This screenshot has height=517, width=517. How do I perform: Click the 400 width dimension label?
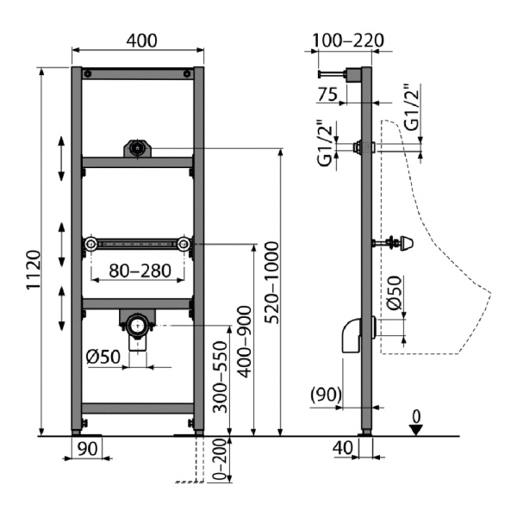pyautogui.click(x=142, y=40)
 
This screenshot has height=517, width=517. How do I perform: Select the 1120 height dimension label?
pyautogui.click(x=34, y=270)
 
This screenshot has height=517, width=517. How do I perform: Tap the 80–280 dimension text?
pyautogui.click(x=140, y=271)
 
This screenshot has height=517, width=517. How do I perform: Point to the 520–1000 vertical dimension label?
pyautogui.click(x=272, y=283)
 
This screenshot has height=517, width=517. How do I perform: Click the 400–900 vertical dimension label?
pyautogui.click(x=245, y=341)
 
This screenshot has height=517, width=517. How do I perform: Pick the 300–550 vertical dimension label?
pyautogui.click(x=221, y=377)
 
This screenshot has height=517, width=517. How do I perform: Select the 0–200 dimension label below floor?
pyautogui.click(x=221, y=459)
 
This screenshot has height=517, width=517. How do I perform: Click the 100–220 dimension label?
pyautogui.click(x=348, y=40)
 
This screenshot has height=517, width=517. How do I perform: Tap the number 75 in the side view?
pyautogui.click(x=327, y=94)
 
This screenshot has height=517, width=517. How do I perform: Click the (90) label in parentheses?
pyautogui.click(x=326, y=395)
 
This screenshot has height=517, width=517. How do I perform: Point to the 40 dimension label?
pyautogui.click(x=343, y=448)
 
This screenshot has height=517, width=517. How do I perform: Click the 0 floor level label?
pyautogui.click(x=417, y=417)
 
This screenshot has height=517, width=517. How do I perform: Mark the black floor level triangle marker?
pyautogui.click(x=416, y=430)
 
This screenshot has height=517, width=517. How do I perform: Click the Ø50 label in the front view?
pyautogui.click(x=103, y=357)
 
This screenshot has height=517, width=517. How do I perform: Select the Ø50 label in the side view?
pyautogui.click(x=395, y=293)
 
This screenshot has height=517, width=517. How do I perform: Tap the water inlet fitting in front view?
pyautogui.click(x=137, y=148)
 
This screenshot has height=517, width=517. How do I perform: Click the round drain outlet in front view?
pyautogui.click(x=138, y=325)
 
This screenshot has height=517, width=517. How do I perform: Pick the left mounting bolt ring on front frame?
pyautogui.click(x=90, y=244)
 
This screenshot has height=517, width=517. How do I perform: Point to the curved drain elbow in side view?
pyautogui.click(x=352, y=335)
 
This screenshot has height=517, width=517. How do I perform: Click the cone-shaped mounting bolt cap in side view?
pyautogui.click(x=406, y=243)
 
